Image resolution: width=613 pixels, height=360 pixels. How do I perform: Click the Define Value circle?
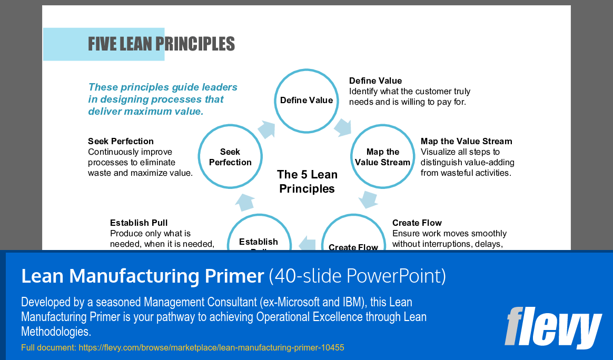pyautogui.click(x=306, y=101)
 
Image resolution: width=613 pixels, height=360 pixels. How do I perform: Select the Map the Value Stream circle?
pyautogui.click(x=382, y=157)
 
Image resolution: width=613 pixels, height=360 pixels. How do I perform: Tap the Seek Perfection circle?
pyautogui.click(x=230, y=157)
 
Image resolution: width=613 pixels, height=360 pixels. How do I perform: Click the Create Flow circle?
pyautogui.click(x=353, y=239)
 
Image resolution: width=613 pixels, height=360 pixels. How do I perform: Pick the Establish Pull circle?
pyautogui.click(x=259, y=239)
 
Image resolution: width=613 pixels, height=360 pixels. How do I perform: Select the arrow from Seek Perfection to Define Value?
pyautogui.click(x=266, y=128)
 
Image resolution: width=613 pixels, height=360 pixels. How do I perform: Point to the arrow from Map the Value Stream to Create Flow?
pyautogui.click(x=368, y=200)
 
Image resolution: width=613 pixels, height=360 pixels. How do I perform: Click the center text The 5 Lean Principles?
pyautogui.click(x=307, y=182)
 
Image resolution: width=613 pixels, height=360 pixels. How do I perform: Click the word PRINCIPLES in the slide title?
pyautogui.click(x=198, y=44)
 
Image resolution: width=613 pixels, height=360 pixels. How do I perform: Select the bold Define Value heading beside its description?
pyautogui.click(x=375, y=81)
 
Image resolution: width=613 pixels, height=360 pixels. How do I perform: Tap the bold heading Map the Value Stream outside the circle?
pyautogui.click(x=466, y=141)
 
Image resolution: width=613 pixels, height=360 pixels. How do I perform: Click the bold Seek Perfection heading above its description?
pyautogui.click(x=121, y=141)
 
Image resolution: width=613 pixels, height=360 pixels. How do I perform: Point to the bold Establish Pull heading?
pyautogui.click(x=139, y=223)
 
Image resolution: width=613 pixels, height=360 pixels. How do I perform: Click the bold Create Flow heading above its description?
pyautogui.click(x=417, y=223)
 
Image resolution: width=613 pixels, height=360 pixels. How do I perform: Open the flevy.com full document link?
pyautogui.click(x=211, y=348)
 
